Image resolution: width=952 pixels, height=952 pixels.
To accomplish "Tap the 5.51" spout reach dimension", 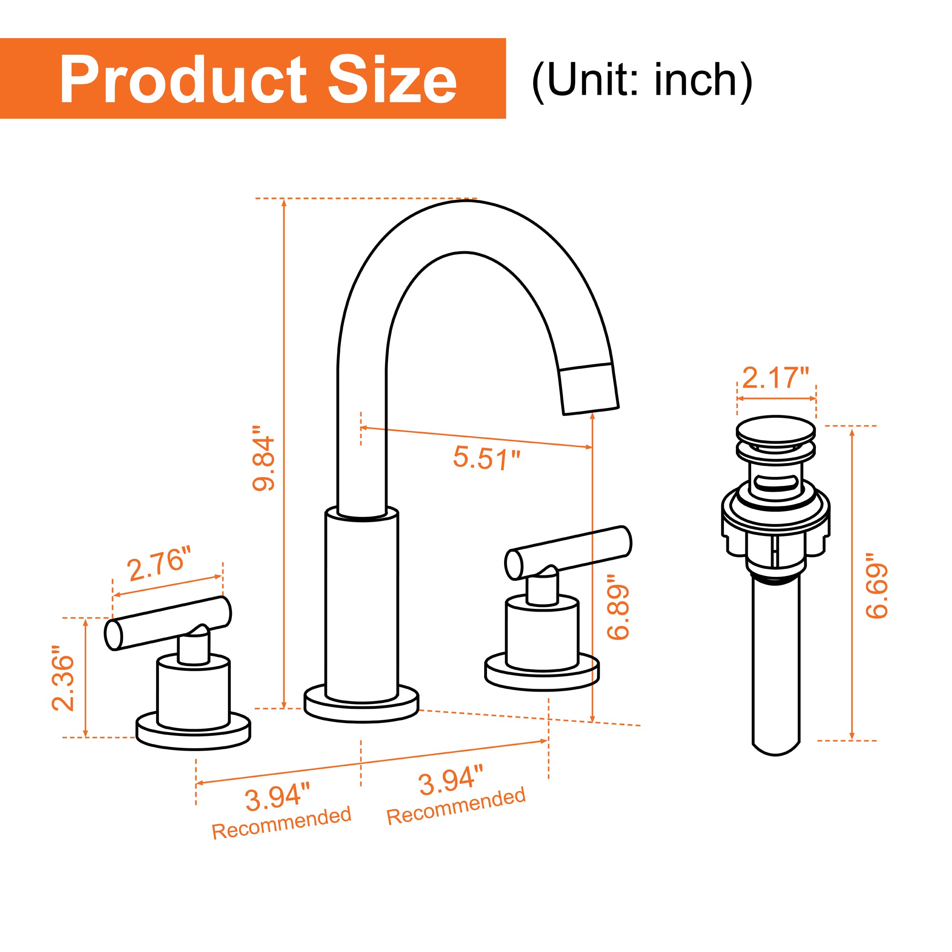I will (486, 458).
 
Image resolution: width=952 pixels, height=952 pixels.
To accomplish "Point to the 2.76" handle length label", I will (159, 564).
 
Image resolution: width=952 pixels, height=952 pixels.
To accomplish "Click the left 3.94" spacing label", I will (278, 798).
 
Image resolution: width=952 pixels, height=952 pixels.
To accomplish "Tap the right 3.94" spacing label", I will (451, 780).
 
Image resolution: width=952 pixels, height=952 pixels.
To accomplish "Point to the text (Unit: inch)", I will (642, 80).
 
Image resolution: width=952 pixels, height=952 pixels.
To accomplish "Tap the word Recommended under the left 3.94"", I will (281, 829).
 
